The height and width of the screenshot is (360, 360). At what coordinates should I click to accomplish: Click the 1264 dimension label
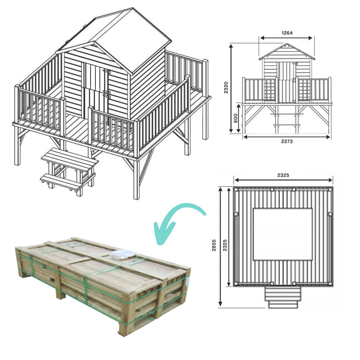pyautogui.click(x=286, y=32)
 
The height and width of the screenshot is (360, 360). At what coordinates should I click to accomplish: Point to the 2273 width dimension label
pyautogui.click(x=287, y=140)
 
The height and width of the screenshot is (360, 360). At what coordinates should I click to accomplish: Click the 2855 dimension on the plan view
pyautogui.click(x=214, y=247)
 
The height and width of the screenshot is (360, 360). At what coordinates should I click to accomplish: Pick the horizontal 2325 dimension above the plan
pyautogui.click(x=283, y=174)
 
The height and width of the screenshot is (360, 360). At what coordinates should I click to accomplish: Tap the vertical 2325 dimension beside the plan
pyautogui.click(x=225, y=239)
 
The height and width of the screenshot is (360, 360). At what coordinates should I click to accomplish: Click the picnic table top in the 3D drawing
pyautogui.click(x=70, y=158)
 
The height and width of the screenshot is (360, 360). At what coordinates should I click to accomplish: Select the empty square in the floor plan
pyautogui.click(x=282, y=234)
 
